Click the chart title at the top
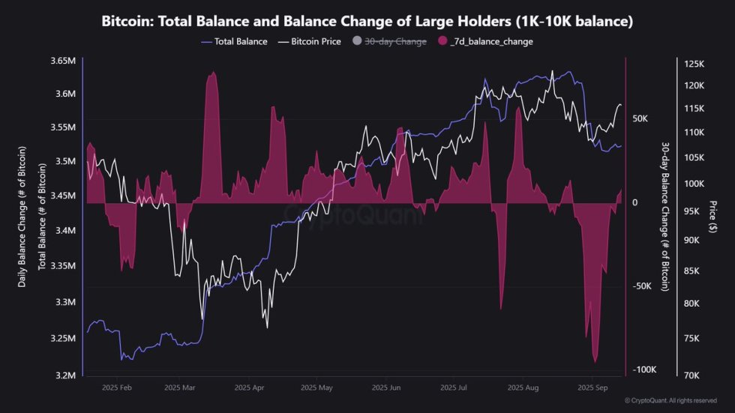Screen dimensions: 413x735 click(367, 22)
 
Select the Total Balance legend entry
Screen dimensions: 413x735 click(235, 42)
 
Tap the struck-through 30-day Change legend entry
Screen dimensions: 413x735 click(394, 42)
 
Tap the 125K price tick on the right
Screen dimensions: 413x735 click(694, 65)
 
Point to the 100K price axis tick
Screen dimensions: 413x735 click(694, 184)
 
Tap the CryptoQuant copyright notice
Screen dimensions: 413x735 click(670, 401)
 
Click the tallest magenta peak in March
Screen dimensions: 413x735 click(213, 73)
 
